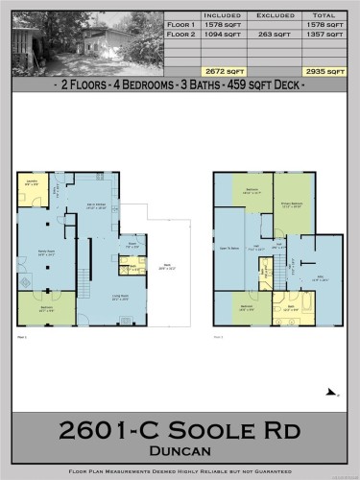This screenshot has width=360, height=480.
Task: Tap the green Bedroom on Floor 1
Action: point(46,309)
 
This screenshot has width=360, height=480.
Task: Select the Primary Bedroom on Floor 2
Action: point(294,203)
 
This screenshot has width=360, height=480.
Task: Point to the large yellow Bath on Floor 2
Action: point(293,309)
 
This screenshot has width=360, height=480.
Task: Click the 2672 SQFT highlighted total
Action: point(213,71)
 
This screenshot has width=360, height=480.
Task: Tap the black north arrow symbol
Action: point(332,392)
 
